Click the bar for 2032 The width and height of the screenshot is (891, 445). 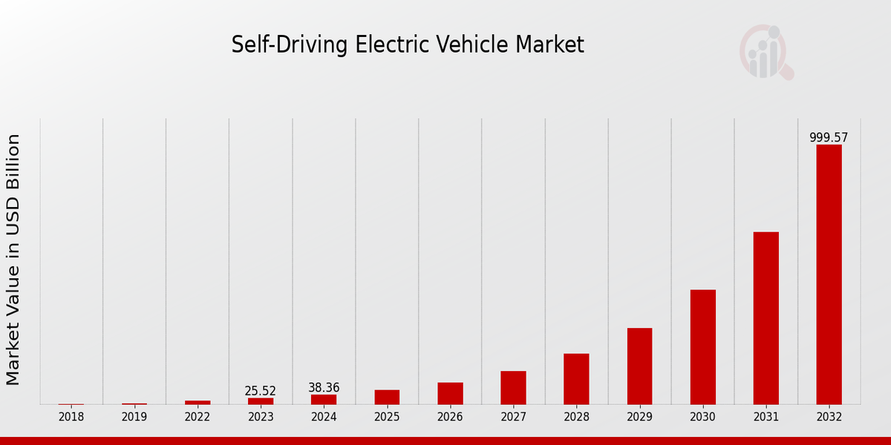(x=829, y=274)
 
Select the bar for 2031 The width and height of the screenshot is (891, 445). (x=766, y=318)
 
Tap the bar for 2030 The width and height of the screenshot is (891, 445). (x=702, y=347)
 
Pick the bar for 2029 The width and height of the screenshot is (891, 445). (x=639, y=366)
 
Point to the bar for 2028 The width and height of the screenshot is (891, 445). (x=576, y=379)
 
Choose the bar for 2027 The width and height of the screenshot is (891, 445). (x=513, y=388)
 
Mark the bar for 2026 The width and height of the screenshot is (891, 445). (x=450, y=393)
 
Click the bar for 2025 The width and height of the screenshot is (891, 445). (x=387, y=397)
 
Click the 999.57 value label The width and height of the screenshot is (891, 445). (x=829, y=138)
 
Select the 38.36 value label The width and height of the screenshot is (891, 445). (x=324, y=388)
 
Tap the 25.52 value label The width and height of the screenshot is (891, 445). (x=261, y=391)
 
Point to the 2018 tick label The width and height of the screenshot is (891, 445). (x=71, y=417)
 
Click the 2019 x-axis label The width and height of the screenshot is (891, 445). (x=134, y=417)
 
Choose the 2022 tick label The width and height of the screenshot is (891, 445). (x=198, y=417)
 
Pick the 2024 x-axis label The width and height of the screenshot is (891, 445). (x=324, y=417)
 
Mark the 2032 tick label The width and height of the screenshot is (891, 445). (x=829, y=417)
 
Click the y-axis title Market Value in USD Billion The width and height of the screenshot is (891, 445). (x=13, y=260)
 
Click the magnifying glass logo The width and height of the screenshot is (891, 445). (x=766, y=53)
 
